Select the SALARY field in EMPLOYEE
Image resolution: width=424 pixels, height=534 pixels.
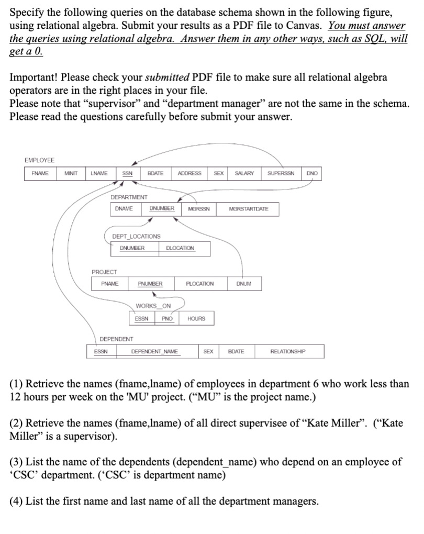[x=244, y=173]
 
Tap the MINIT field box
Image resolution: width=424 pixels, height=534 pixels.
[x=72, y=173]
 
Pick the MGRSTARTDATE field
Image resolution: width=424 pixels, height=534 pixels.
[x=249, y=209]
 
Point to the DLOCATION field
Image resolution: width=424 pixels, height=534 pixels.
[x=180, y=248]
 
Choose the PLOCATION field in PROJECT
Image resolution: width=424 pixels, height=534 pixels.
[x=200, y=284]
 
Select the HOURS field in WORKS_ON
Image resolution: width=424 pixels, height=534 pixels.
[x=196, y=318]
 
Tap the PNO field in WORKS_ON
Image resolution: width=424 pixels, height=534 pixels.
[x=167, y=318]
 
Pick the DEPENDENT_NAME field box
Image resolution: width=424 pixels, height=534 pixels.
[x=154, y=352]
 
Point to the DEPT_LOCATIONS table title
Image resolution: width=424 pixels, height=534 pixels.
[x=136, y=237]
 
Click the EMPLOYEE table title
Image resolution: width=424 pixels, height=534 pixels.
[x=39, y=160]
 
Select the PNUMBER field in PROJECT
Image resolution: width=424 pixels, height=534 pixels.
[x=150, y=284]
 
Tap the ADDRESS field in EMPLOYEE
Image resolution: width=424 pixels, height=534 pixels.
[x=189, y=173]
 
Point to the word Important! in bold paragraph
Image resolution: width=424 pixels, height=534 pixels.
[x=34, y=77]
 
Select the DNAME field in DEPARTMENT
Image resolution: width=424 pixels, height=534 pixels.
[x=124, y=209]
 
